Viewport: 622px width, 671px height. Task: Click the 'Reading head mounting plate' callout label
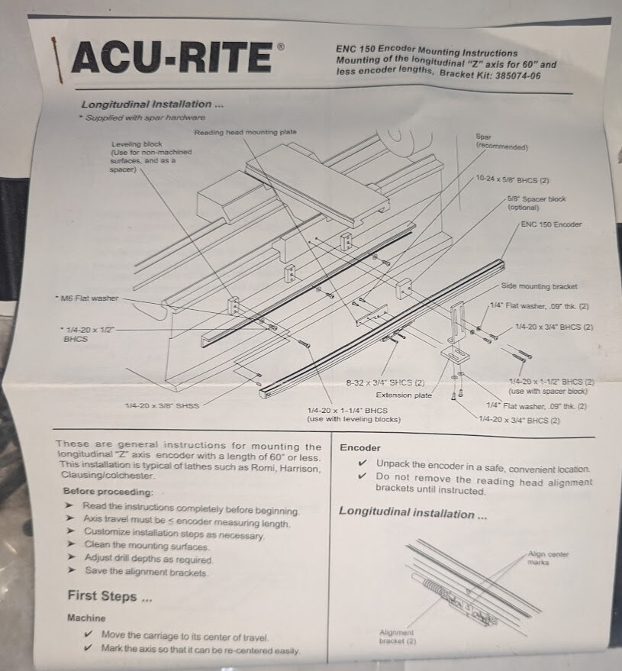[x=245, y=132]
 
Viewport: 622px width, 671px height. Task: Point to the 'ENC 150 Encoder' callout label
[x=550, y=224]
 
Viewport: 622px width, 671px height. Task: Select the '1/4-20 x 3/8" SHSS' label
[x=162, y=405]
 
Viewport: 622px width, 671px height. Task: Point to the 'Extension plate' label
[x=404, y=395]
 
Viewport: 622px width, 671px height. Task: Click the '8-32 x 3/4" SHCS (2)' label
[x=384, y=382]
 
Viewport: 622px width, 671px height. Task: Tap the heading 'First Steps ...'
[x=102, y=595]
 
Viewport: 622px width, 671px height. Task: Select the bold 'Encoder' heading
[x=359, y=448]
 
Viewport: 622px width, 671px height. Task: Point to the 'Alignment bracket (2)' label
[x=396, y=636]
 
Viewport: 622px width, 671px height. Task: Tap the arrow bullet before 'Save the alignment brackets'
[x=69, y=571]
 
